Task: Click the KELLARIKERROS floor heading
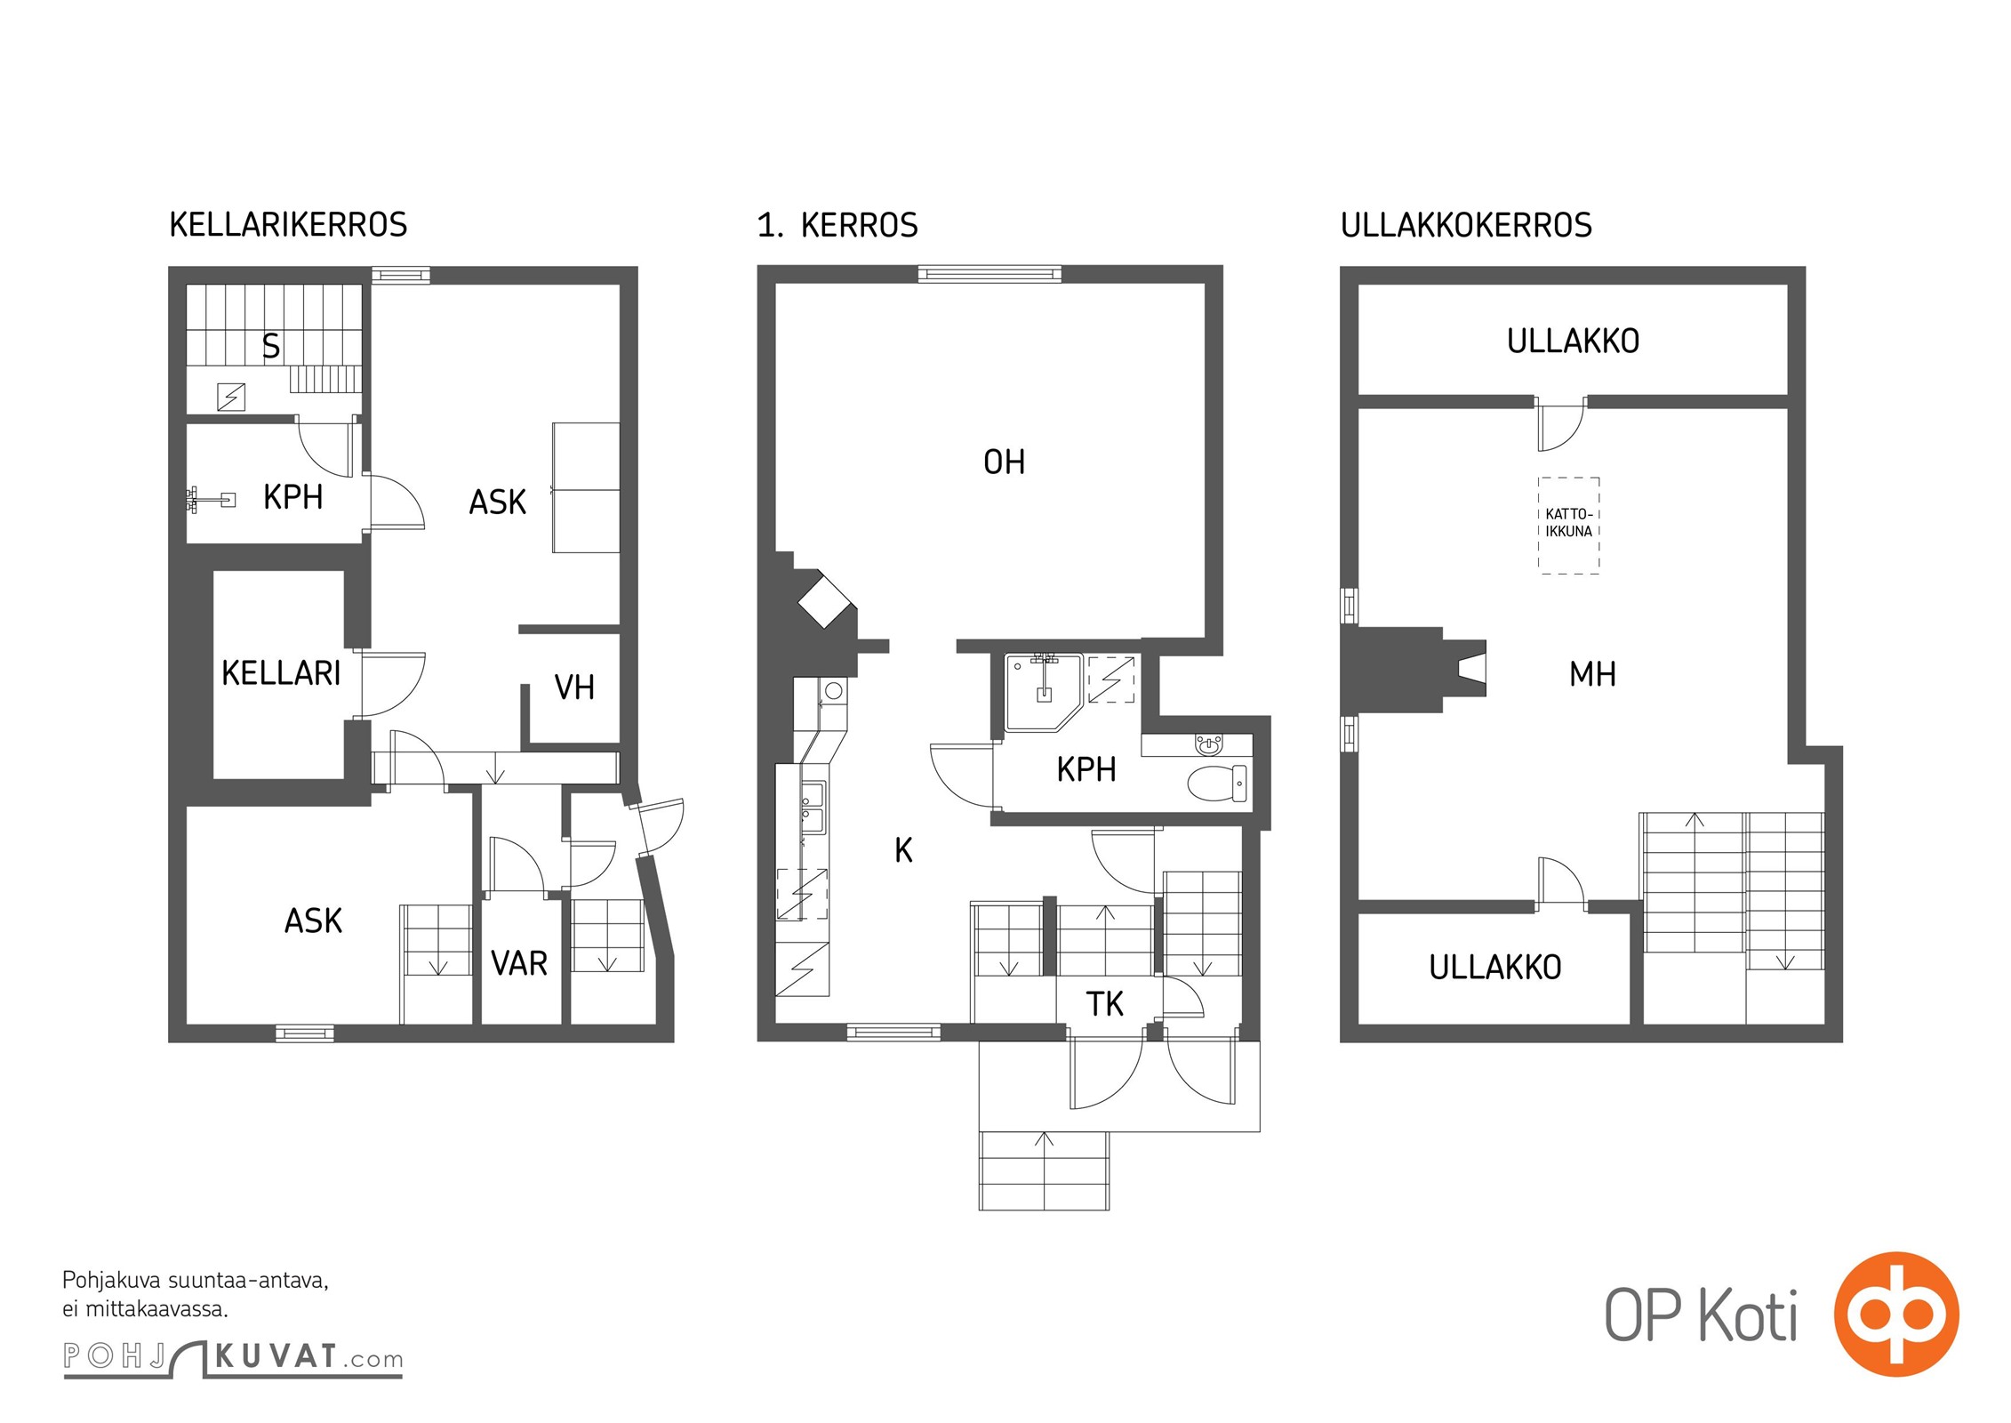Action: click(x=288, y=224)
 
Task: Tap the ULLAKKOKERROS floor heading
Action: click(x=1466, y=225)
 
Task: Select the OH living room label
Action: click(x=1004, y=462)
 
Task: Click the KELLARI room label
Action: click(x=281, y=673)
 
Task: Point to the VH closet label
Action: click(x=574, y=687)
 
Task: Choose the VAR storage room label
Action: click(x=519, y=963)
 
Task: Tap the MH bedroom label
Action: click(x=1592, y=674)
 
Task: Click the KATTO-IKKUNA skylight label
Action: click(x=1568, y=523)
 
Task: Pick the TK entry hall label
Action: click(x=1104, y=1004)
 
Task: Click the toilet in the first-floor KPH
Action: click(x=1217, y=784)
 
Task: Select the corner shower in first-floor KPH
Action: click(x=1044, y=692)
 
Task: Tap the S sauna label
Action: click(x=271, y=346)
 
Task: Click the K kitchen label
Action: click(x=903, y=850)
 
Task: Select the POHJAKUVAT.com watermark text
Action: click(x=233, y=1357)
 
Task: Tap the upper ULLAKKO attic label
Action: click(x=1573, y=341)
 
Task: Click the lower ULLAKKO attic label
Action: click(x=1494, y=967)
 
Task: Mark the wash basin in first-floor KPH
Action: click(x=1208, y=744)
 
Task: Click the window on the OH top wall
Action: click(x=989, y=274)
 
